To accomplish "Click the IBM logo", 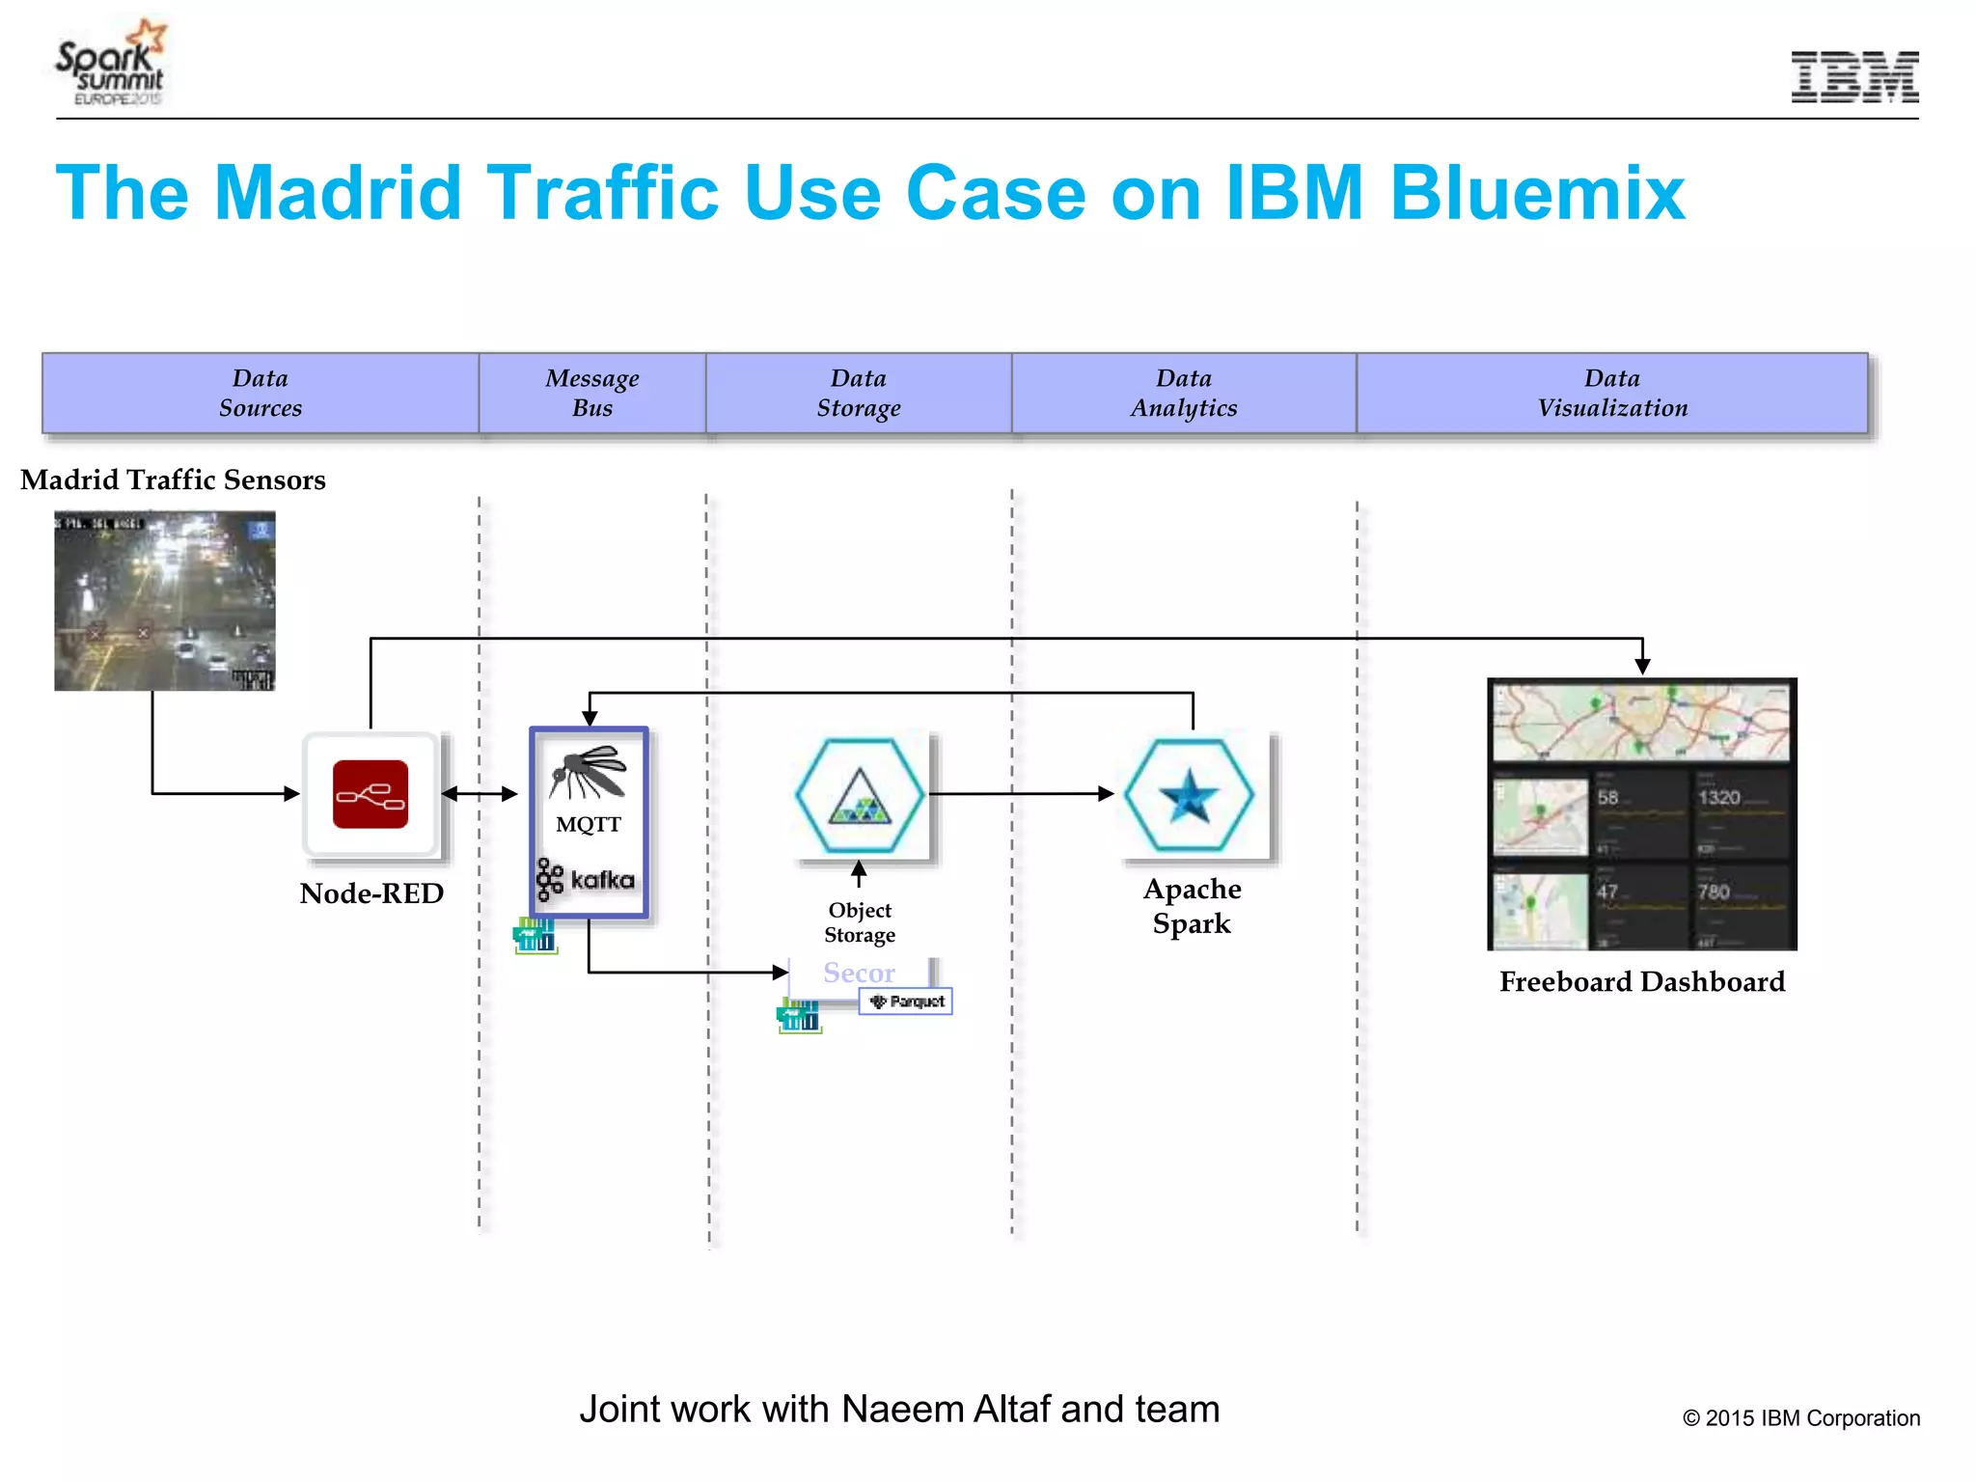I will (1853, 77).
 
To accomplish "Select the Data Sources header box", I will (261, 393).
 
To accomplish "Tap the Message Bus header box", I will (591, 393).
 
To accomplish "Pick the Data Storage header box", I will (858, 393).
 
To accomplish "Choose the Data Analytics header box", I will (1183, 393).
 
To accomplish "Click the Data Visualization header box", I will (1611, 393).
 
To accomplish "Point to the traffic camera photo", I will (165, 600).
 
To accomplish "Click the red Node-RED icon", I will (370, 794).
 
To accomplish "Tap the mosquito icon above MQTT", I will (587, 773).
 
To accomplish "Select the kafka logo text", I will (602, 880).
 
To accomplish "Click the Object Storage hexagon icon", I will (859, 795).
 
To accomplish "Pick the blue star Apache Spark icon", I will (1189, 795).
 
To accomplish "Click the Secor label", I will (859, 973).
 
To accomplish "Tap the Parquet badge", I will (906, 1002).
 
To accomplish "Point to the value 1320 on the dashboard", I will (1718, 798).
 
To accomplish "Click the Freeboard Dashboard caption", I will (1641, 982).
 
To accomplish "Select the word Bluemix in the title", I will (1536, 193).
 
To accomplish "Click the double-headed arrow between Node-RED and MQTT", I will (480, 794).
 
